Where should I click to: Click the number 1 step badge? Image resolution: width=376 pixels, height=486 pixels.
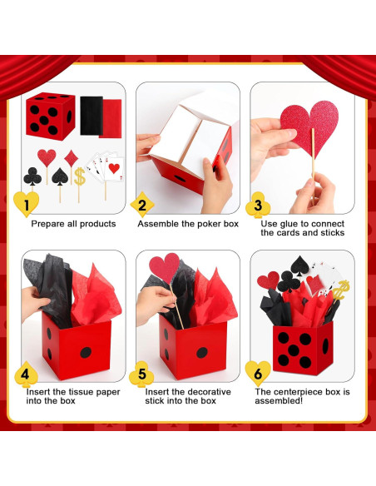pos(27,203)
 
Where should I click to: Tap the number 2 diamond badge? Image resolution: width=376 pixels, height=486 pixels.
pos(141,204)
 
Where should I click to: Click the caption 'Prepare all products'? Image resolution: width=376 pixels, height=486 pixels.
pos(73,224)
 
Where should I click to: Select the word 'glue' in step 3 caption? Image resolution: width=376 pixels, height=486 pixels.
pos(287,224)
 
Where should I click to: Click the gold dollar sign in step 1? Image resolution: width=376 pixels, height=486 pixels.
pos(80,176)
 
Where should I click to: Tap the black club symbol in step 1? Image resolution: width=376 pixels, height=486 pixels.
pos(32,176)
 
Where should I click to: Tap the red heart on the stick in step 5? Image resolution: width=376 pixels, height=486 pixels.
pos(164,269)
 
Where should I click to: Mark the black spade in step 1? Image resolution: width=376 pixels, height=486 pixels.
pos(59,176)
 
